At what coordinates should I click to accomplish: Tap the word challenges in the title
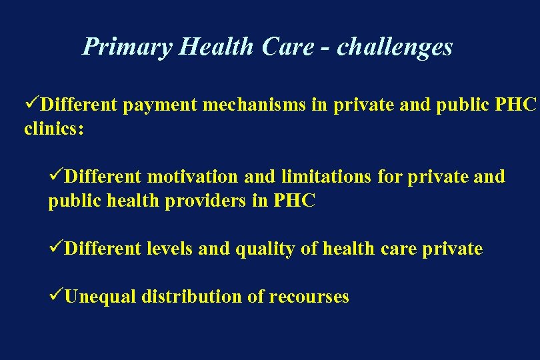click(x=395, y=47)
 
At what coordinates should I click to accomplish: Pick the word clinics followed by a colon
click(x=53, y=129)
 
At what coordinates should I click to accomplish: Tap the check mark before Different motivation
click(x=56, y=177)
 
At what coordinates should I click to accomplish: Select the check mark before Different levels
click(x=56, y=249)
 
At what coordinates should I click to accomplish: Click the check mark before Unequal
click(x=56, y=297)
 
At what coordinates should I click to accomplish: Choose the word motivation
click(x=192, y=177)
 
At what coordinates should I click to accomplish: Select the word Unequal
click(x=101, y=297)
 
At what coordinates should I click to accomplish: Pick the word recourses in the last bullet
click(x=309, y=297)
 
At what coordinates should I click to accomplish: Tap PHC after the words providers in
click(x=294, y=201)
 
